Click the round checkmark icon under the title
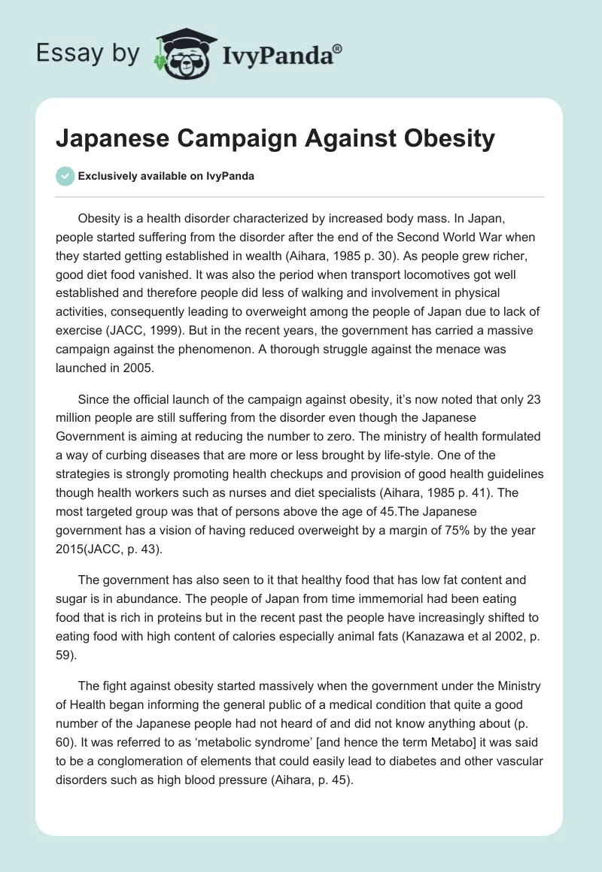[x=65, y=176]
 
